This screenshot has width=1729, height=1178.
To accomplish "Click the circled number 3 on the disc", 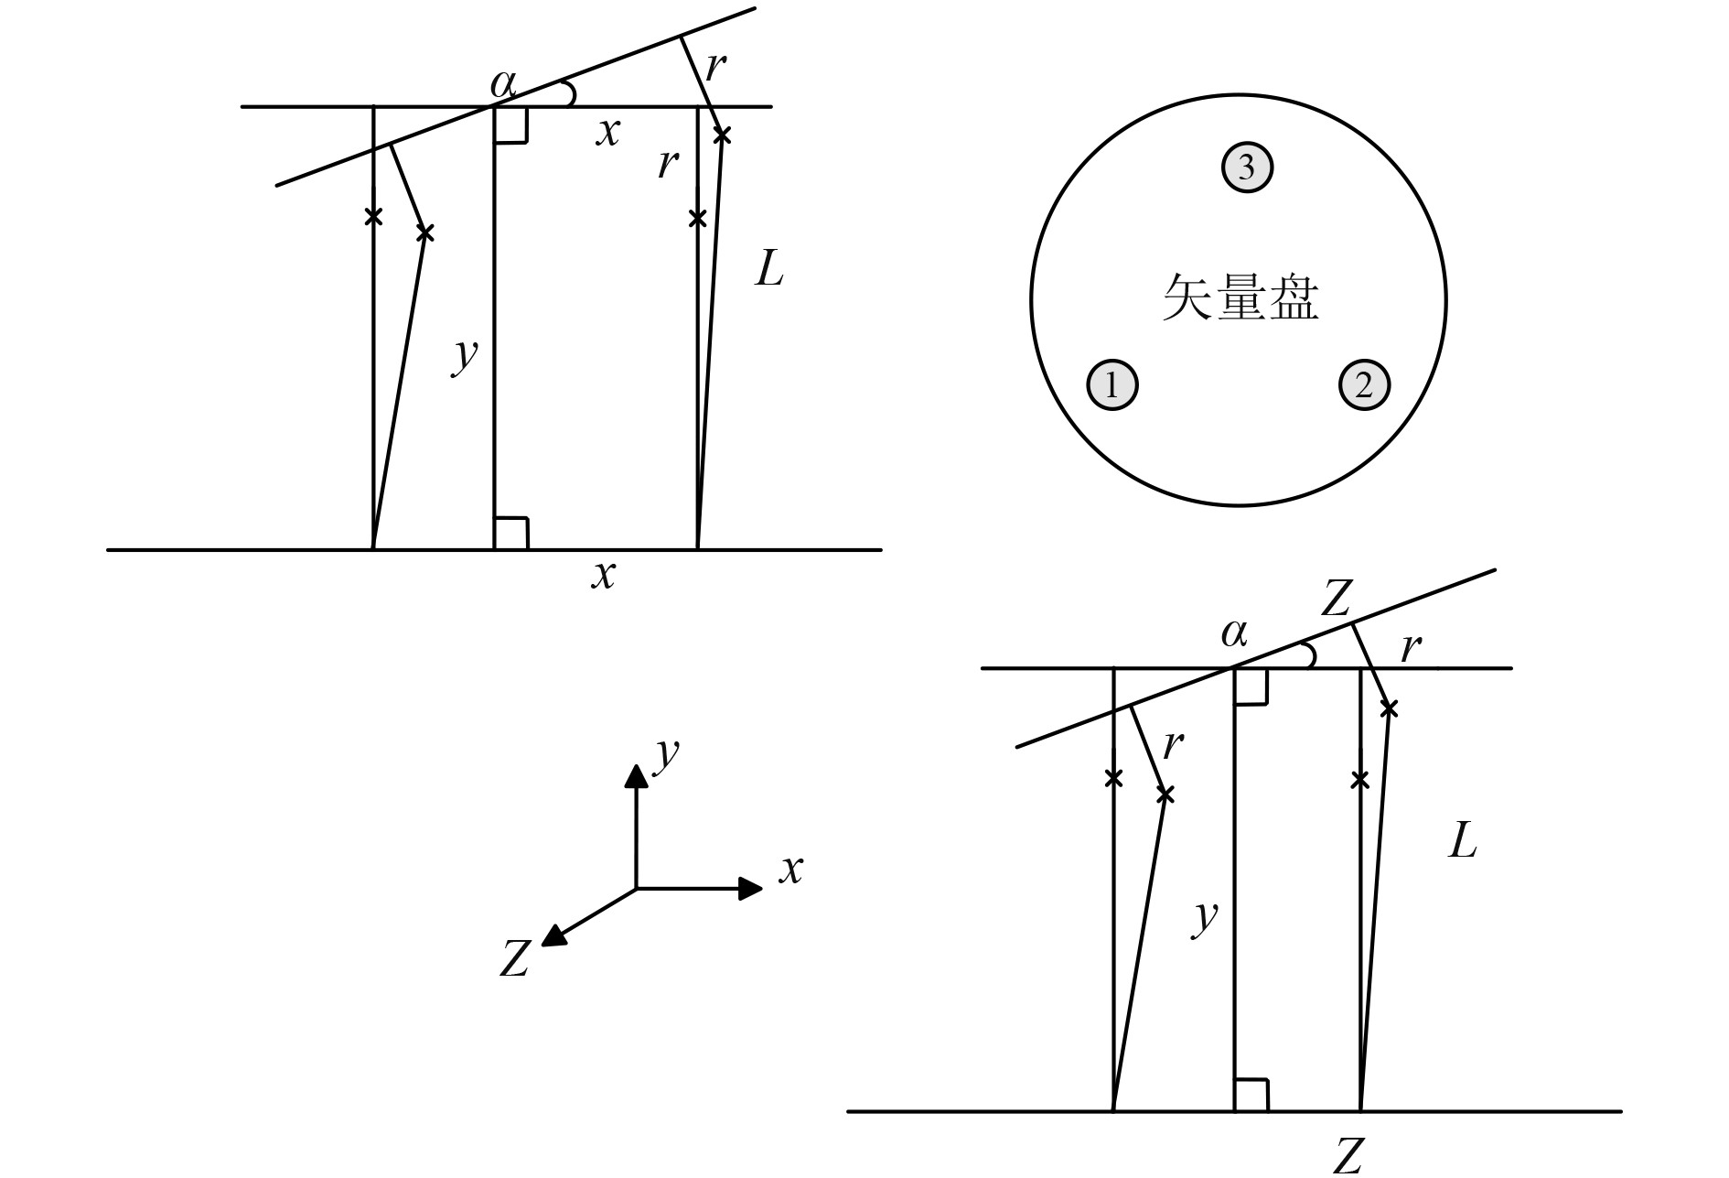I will point(1247,168).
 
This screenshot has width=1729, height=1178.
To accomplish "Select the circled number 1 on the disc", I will point(1111,385).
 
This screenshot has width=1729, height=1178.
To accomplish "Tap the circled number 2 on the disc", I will point(1364,385).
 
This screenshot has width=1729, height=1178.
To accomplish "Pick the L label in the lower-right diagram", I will point(1462,840).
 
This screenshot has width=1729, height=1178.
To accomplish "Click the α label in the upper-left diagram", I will point(503,84).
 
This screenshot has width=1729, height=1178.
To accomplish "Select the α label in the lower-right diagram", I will point(1234,632).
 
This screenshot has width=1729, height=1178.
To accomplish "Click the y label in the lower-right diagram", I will point(1206,915).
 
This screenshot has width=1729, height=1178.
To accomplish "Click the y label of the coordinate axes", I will point(668,753).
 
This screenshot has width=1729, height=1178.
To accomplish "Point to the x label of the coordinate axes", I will point(790,869).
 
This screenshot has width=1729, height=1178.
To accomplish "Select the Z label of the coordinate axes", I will point(515,959).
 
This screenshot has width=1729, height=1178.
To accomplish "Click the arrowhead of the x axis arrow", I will point(751,888).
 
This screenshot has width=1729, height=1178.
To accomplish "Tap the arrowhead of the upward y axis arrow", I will point(636,776).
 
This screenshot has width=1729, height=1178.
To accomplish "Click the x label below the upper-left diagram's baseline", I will point(603,575).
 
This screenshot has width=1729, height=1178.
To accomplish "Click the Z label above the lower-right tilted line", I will point(1336,600).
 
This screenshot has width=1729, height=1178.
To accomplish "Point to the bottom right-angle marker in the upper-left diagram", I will point(510,533).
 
